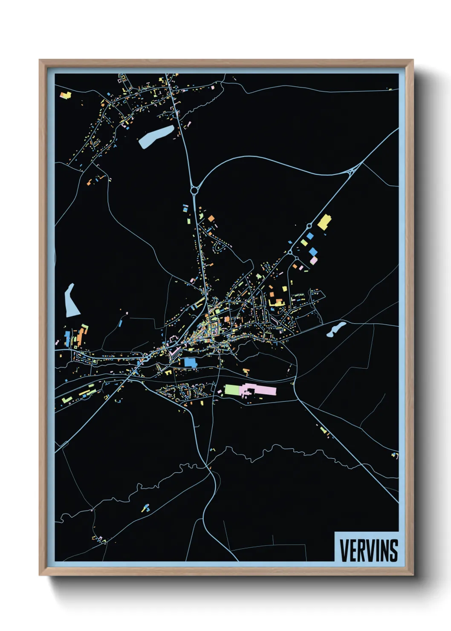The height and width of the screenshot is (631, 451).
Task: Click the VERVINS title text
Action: (x=369, y=550)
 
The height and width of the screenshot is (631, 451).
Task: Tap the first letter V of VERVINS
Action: (x=344, y=550)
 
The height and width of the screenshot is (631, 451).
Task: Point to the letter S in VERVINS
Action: (x=394, y=550)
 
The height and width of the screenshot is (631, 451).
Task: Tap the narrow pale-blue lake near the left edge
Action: (x=71, y=301)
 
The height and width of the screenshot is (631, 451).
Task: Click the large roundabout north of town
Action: (x=194, y=190)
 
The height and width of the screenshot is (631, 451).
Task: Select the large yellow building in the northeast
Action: (x=324, y=222)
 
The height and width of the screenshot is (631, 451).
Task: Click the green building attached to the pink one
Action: (x=232, y=389)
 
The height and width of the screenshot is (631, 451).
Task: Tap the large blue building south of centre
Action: (x=191, y=362)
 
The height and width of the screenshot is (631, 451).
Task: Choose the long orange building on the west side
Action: (x=80, y=337)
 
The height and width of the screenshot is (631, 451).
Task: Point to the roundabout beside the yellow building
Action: (x=309, y=226)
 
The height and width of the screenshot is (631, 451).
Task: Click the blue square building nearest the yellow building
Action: (x=310, y=236)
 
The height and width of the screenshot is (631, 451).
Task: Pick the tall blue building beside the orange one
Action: (x=67, y=338)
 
